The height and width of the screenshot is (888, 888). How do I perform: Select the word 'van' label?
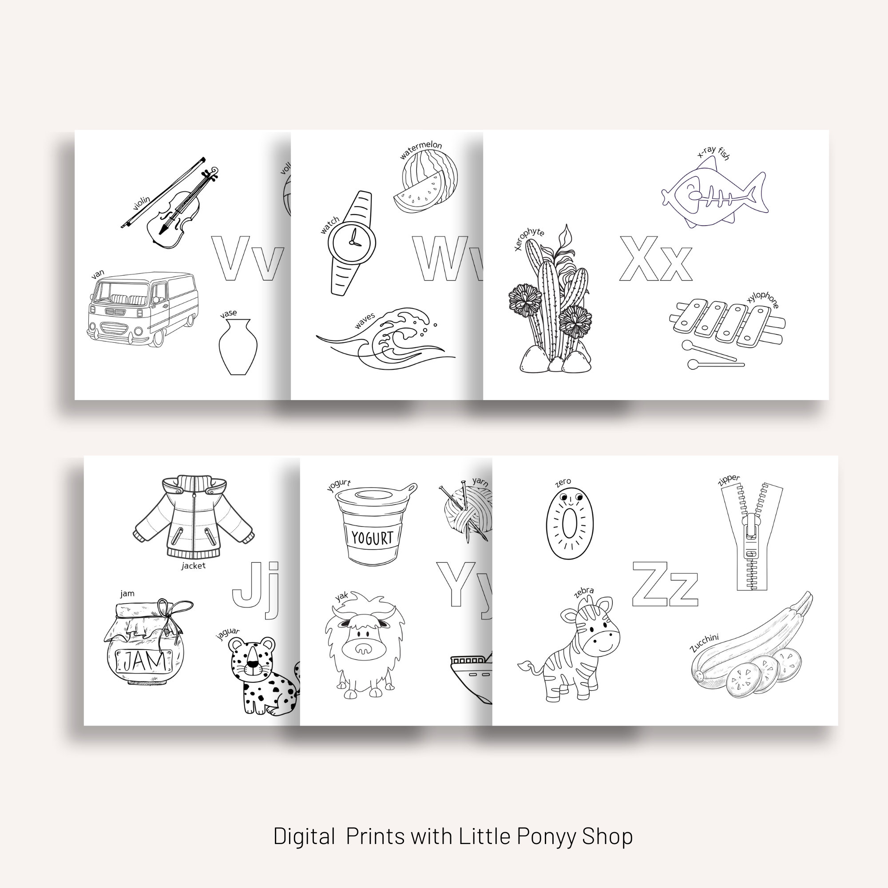pyautogui.click(x=97, y=274)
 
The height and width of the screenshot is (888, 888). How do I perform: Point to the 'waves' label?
pyautogui.click(x=365, y=321)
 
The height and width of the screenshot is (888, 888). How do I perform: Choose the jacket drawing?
pyautogui.click(x=194, y=517)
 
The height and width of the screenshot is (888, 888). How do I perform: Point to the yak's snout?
pyautogui.click(x=363, y=649)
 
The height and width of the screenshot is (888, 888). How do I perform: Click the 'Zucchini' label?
pyautogui.click(x=704, y=642)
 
